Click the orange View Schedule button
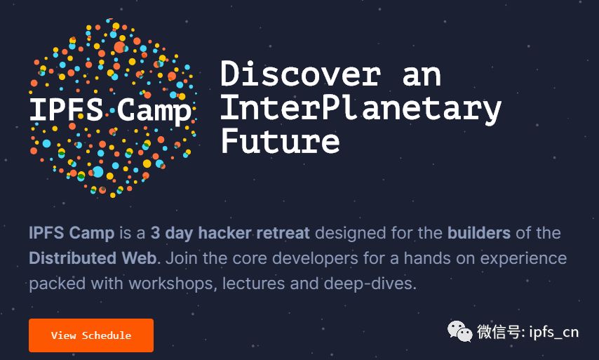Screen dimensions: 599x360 tap(91, 335)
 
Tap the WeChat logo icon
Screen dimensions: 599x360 tap(460, 331)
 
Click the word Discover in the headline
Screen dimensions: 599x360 tap(301, 74)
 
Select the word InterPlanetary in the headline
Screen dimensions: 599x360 tap(361, 109)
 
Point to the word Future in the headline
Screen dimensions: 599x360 tap(280, 140)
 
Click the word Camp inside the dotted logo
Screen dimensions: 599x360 tap(154, 110)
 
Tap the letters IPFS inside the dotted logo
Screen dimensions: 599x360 tap(67, 109)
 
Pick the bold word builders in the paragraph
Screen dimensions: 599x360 tap(479, 233)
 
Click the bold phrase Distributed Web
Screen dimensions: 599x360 tap(93, 258)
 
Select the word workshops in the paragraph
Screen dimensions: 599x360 tap(173, 284)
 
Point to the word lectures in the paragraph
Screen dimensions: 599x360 tap(254, 284)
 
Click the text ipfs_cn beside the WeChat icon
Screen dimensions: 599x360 tap(554, 332)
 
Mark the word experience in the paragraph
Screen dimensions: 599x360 tap(523, 259)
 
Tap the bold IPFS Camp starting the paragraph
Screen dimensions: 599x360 tap(72, 233)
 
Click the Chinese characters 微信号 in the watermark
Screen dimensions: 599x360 tap(499, 332)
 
